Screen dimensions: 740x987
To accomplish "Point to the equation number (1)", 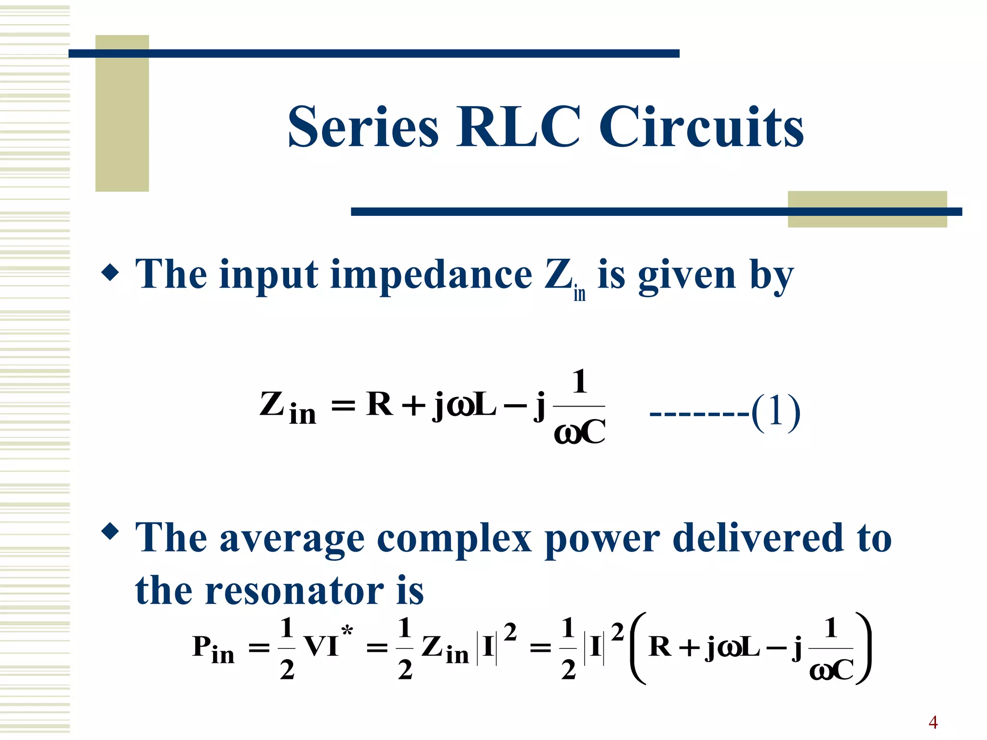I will click(776, 411).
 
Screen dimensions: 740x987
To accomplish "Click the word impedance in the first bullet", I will click(431, 275).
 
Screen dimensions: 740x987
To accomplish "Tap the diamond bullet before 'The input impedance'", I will click(110, 272).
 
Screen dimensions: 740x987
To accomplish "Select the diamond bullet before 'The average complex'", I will click(110, 531).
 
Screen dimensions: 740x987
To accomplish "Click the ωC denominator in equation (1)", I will click(580, 432).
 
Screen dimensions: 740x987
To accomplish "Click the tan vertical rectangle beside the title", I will click(122, 114).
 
